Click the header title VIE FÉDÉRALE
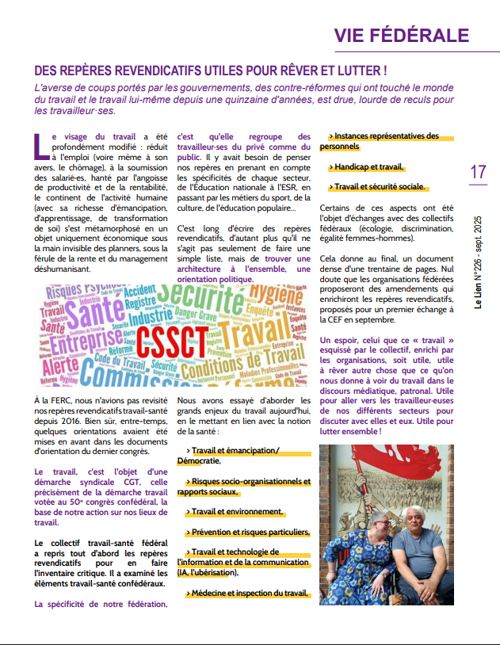[x=401, y=35]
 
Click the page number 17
[x=478, y=172]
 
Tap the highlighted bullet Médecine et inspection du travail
[x=249, y=593]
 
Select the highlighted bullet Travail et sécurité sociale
[x=379, y=187]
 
